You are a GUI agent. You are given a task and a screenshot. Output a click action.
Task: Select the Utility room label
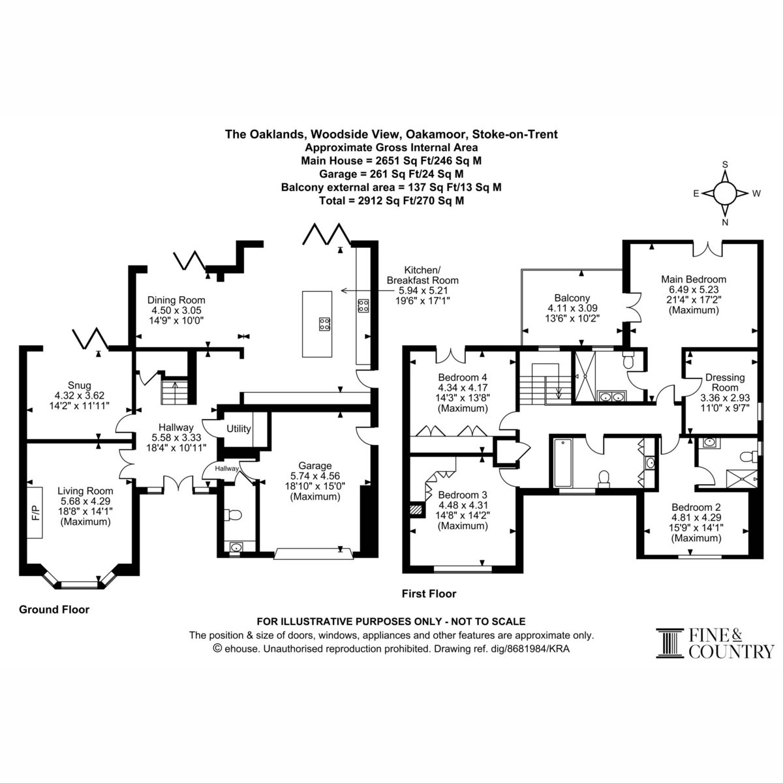tap(239, 429)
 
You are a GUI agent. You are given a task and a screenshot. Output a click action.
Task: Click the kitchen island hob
tap(324, 324)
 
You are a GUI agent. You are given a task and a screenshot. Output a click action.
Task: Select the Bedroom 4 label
tap(463, 377)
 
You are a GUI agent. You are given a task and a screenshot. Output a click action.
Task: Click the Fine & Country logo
tap(715, 643)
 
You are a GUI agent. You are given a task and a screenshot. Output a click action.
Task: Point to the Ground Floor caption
tap(54, 609)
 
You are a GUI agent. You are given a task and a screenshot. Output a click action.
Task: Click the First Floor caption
tap(429, 593)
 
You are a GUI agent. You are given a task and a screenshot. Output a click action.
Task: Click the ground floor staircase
tap(174, 391)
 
